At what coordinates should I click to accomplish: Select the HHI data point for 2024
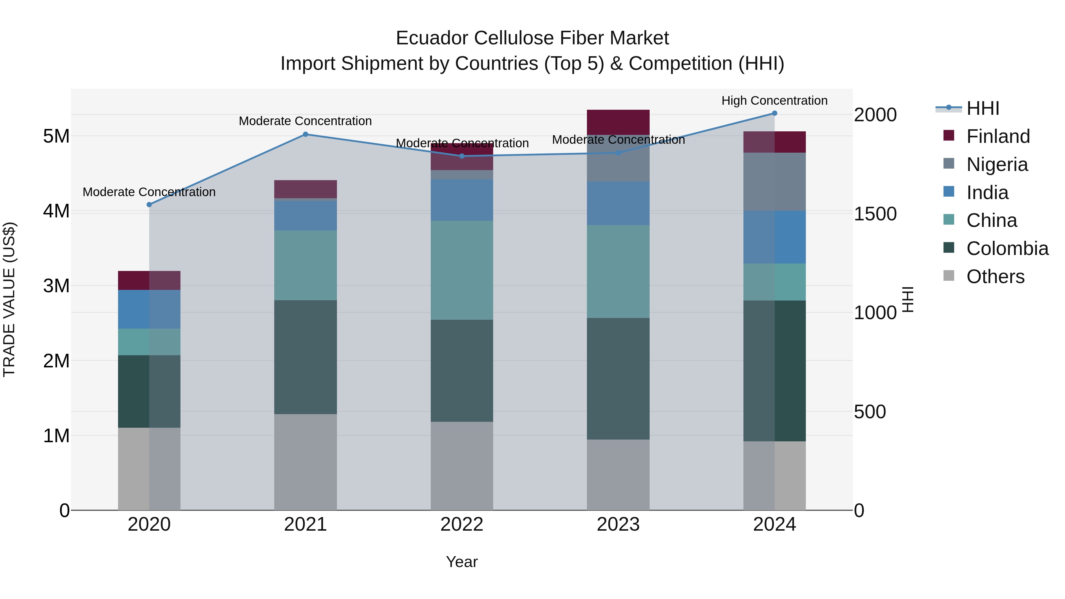click(x=774, y=113)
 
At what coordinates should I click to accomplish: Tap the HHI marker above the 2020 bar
click(x=149, y=205)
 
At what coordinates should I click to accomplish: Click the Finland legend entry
click(x=998, y=136)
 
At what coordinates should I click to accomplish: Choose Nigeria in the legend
click(x=997, y=164)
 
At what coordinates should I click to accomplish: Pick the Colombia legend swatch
click(x=949, y=248)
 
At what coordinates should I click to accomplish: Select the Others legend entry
click(x=995, y=277)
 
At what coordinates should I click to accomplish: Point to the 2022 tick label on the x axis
click(x=462, y=524)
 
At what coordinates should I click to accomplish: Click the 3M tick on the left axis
click(x=56, y=286)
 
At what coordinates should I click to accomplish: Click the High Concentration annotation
click(x=774, y=101)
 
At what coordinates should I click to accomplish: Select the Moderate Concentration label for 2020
click(x=149, y=192)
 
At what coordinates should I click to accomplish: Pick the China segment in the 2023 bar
click(x=618, y=271)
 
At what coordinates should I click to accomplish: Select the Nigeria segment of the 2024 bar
click(x=774, y=182)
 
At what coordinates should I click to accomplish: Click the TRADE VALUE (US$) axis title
click(x=9, y=299)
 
